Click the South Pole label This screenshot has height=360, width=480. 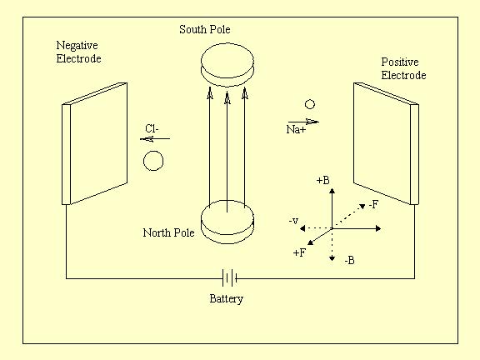coord(205,30)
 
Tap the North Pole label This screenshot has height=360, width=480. coord(168,232)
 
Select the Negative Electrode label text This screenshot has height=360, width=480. coord(78,52)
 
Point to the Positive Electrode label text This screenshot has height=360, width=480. coord(403,68)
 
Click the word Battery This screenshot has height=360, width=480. coord(226,298)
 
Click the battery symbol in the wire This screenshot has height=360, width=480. coord(230,278)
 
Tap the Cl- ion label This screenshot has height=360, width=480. coord(152,128)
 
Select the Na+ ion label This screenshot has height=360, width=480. coord(296,129)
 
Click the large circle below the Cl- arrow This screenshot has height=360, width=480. coord(153,161)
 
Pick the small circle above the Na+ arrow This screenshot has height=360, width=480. coord(310,104)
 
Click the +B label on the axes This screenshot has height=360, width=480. coord(323,180)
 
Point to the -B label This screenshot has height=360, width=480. coord(349,261)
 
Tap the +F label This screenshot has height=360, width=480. coord(299,252)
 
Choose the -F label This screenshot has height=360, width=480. coord(373,204)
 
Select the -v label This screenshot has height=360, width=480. coord(293,221)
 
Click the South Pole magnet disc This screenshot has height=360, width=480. coord(227,65)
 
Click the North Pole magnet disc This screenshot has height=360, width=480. coord(227,222)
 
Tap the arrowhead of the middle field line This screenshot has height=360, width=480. coord(227,97)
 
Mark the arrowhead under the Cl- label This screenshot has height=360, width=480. coord(147,139)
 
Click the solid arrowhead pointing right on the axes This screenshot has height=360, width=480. coord(378,228)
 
